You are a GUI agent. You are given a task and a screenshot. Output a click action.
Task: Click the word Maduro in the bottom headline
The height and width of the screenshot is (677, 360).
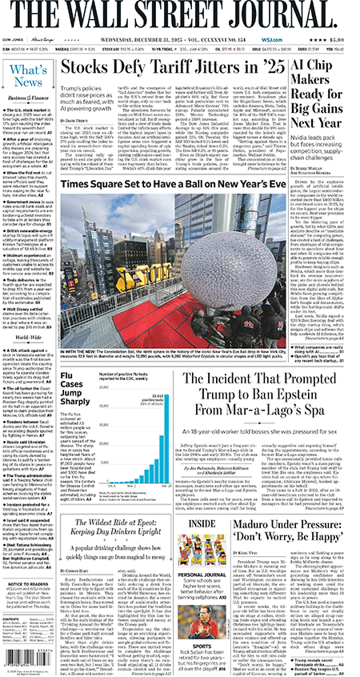coord(272,527)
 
